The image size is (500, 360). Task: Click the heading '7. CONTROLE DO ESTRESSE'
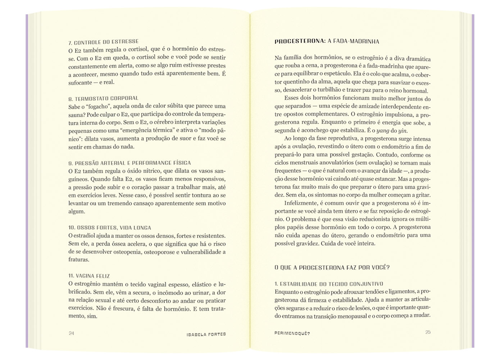[x=103, y=42]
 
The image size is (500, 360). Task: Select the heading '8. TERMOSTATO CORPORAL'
[x=103, y=98]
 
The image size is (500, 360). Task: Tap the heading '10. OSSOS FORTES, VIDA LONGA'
[x=110, y=228]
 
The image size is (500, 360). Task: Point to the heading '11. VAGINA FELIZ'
[x=89, y=276]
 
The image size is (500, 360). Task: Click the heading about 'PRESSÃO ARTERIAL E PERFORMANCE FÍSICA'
[x=129, y=163]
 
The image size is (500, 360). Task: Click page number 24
[x=71, y=333]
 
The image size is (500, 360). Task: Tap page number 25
[x=428, y=332]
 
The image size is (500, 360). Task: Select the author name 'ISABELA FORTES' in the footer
[x=206, y=334]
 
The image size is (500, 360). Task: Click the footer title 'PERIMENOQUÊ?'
[x=292, y=333]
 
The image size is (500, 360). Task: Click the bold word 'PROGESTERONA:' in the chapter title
[x=300, y=41]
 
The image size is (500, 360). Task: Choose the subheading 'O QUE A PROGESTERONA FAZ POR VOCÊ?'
[x=332, y=267]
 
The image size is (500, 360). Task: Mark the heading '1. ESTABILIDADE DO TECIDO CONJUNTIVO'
[x=329, y=284]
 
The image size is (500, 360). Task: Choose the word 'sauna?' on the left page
[x=77, y=114]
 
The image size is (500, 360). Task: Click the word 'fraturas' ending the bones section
[x=78, y=260]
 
